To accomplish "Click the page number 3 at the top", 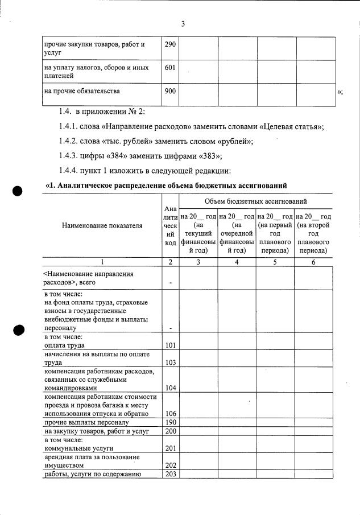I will point(183,24).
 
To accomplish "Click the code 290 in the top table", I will point(169,44).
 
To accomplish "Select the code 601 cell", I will point(169,67).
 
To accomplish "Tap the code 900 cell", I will point(169,90).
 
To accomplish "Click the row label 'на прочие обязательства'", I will point(82,90).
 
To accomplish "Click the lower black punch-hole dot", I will point(19,330).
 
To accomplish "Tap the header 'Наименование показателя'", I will point(102,226).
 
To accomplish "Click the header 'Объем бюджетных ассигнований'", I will point(256,201).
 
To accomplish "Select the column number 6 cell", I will point(313,262).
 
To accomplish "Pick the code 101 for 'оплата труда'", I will point(169,345).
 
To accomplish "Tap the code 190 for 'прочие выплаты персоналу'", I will point(169,423).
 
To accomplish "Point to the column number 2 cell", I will point(169,262).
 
